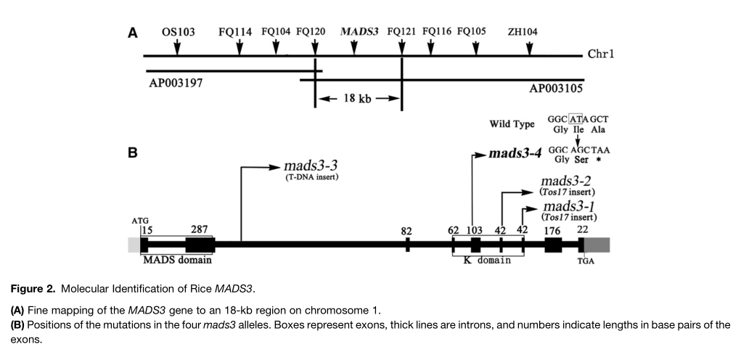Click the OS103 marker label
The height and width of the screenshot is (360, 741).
click(x=178, y=32)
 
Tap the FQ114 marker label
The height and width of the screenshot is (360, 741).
click(x=235, y=32)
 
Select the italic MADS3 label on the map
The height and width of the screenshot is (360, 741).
click(x=354, y=32)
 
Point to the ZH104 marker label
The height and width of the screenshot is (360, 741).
click(x=523, y=32)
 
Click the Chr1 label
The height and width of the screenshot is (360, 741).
click(x=601, y=54)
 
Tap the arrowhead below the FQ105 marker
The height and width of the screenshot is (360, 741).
click(x=475, y=49)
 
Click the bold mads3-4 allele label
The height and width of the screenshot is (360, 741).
click(x=514, y=154)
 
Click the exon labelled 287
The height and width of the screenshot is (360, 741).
click(x=199, y=245)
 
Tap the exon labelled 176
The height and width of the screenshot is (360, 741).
click(x=553, y=245)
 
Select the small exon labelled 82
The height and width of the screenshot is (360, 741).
click(x=407, y=245)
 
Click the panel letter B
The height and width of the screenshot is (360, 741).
click(x=133, y=155)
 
